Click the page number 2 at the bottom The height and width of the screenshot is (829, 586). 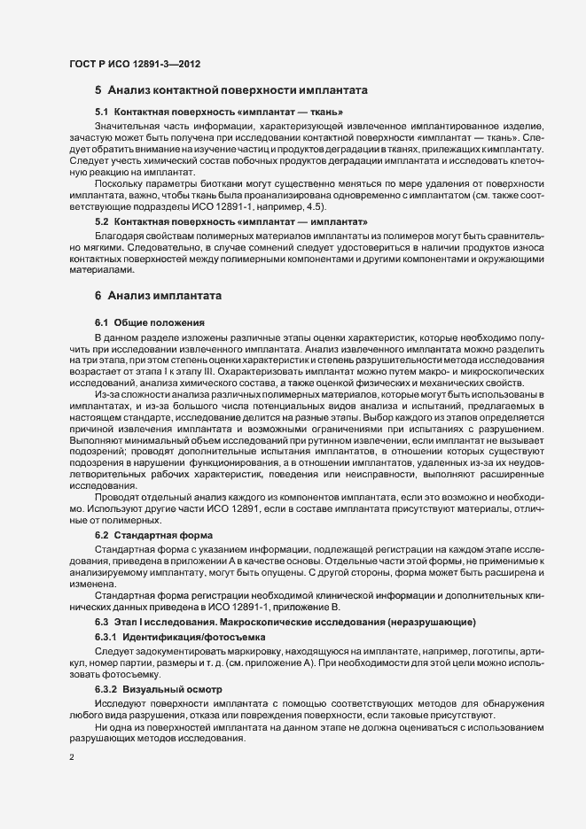pyautogui.click(x=71, y=757)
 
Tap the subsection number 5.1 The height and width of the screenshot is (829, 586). pyautogui.click(x=102, y=112)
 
